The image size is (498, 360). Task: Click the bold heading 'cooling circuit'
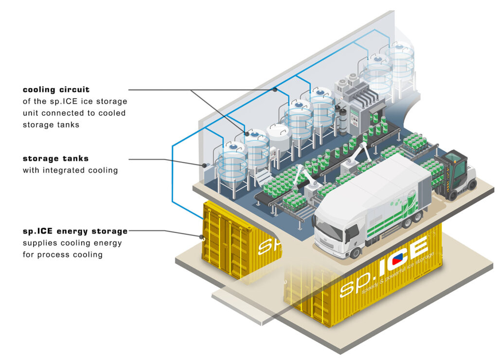pyautogui.click(x=56, y=90)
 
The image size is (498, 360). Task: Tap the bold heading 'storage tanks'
pyautogui.click(x=55, y=159)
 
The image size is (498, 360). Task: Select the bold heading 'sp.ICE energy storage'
pyautogui.click(x=75, y=231)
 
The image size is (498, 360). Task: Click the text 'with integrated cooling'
pyautogui.click(x=70, y=170)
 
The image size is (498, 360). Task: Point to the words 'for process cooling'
pyautogui.click(x=63, y=254)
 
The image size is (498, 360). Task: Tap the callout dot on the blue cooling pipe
pyautogui.click(x=275, y=90)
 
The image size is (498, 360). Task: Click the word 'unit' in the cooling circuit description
pyautogui.click(x=33, y=113)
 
